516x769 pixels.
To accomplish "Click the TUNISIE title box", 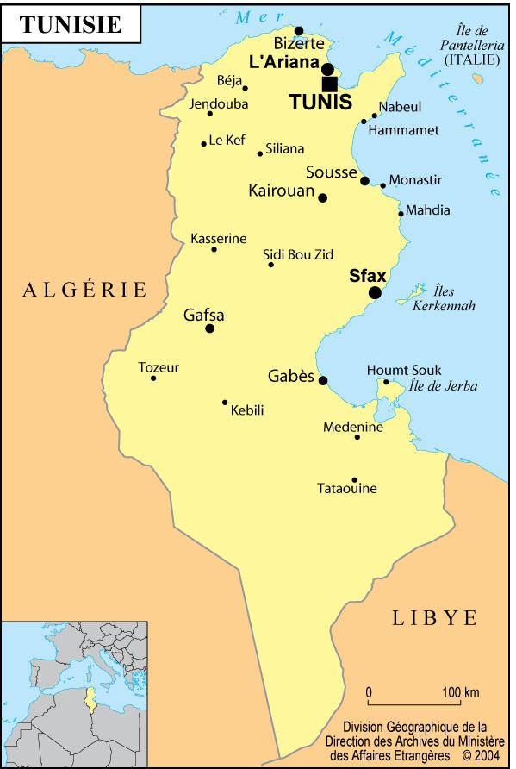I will tap(71, 25).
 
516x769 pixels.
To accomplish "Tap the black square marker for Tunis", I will tap(329, 84).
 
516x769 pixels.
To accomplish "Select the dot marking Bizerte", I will tap(299, 31).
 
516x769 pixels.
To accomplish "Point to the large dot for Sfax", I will tap(375, 293).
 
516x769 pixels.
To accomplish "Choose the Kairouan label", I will tap(281, 191).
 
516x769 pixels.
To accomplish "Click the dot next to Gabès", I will tap(323, 380).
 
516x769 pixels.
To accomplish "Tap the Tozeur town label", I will tap(159, 367).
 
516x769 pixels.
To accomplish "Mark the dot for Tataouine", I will tap(354, 480).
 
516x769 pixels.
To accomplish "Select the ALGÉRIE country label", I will tap(85, 290).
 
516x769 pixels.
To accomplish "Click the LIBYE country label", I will tap(435, 617).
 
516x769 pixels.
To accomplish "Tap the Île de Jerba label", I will tap(443, 386).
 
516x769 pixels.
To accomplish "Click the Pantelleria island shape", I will tap(478, 78).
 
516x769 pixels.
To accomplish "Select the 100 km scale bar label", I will tap(461, 692).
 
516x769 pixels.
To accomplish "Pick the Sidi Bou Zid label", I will tap(297, 254).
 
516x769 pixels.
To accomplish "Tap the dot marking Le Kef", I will tap(204, 143).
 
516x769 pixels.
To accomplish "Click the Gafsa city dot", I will tap(209, 328).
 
